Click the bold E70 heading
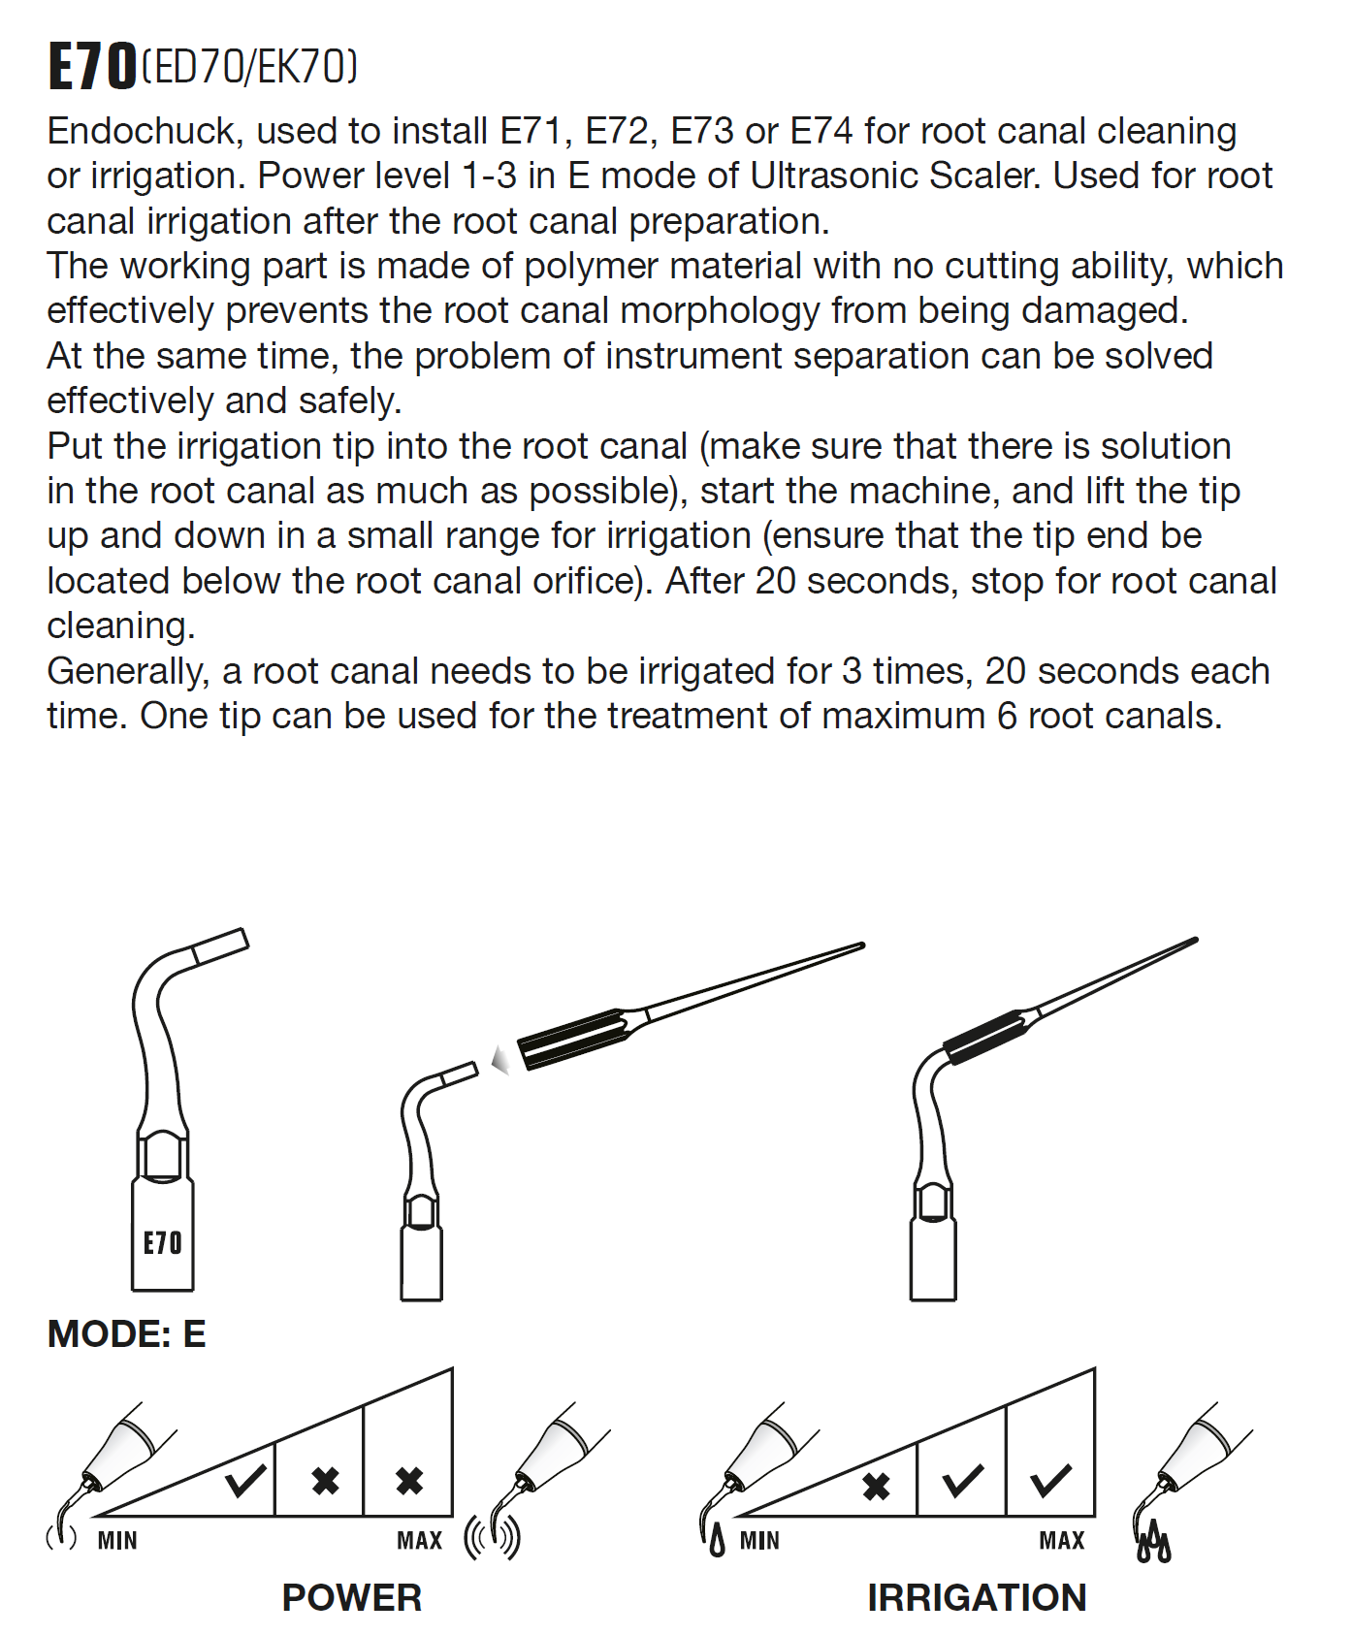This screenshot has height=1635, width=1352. pyautogui.click(x=92, y=67)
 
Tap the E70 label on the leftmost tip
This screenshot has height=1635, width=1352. pyautogui.click(x=162, y=1242)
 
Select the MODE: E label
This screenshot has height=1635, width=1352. pyautogui.click(x=126, y=1333)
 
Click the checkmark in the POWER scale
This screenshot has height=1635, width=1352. pyautogui.click(x=245, y=1480)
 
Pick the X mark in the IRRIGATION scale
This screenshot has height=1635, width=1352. pyautogui.click(x=876, y=1486)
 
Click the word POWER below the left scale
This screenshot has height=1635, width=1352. pyautogui.click(x=351, y=1597)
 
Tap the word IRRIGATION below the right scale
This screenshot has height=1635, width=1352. pyautogui.click(x=977, y=1597)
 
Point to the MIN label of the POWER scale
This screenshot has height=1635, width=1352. pyautogui.click(x=117, y=1540)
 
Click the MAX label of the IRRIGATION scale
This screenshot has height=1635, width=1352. pyautogui.click(x=1062, y=1540)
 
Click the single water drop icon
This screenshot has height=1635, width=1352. pyautogui.click(x=717, y=1540)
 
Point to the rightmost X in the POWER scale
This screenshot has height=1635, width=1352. pyautogui.click(x=409, y=1480)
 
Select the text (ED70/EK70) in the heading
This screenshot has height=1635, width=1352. pyautogui.click(x=249, y=67)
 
